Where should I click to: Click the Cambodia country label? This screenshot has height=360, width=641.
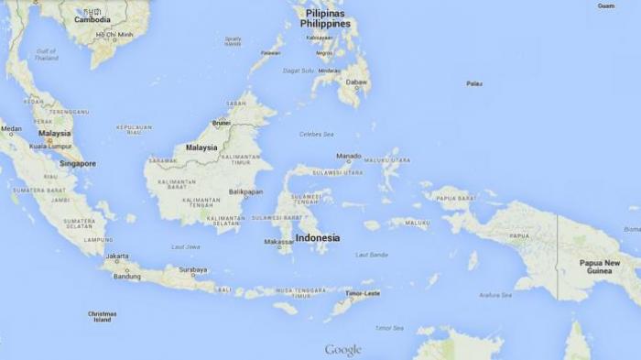click(92, 18)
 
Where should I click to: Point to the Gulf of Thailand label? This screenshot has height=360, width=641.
click(46, 54)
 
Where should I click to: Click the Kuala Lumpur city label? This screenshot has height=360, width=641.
click(50, 146)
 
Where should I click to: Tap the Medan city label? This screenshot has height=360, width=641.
click(11, 129)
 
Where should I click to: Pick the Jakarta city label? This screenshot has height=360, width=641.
click(116, 256)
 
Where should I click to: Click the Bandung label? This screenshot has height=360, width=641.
click(127, 276)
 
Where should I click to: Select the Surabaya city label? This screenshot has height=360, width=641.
click(192, 269)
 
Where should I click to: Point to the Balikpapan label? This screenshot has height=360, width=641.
click(246, 191)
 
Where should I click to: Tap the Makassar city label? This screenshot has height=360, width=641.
click(279, 242)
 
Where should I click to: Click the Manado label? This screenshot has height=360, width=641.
click(348, 156)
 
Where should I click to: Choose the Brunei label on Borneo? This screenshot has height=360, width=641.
click(221, 123)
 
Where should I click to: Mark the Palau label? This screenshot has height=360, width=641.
click(473, 83)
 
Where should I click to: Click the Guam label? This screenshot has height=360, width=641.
click(606, 5)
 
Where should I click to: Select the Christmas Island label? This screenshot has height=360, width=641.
click(102, 316)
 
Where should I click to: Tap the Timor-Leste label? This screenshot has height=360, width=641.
click(362, 293)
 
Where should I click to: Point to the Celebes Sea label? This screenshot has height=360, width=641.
click(316, 135)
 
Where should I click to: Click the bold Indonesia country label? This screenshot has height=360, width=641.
click(317, 237)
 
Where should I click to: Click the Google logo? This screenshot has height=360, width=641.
click(342, 350)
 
